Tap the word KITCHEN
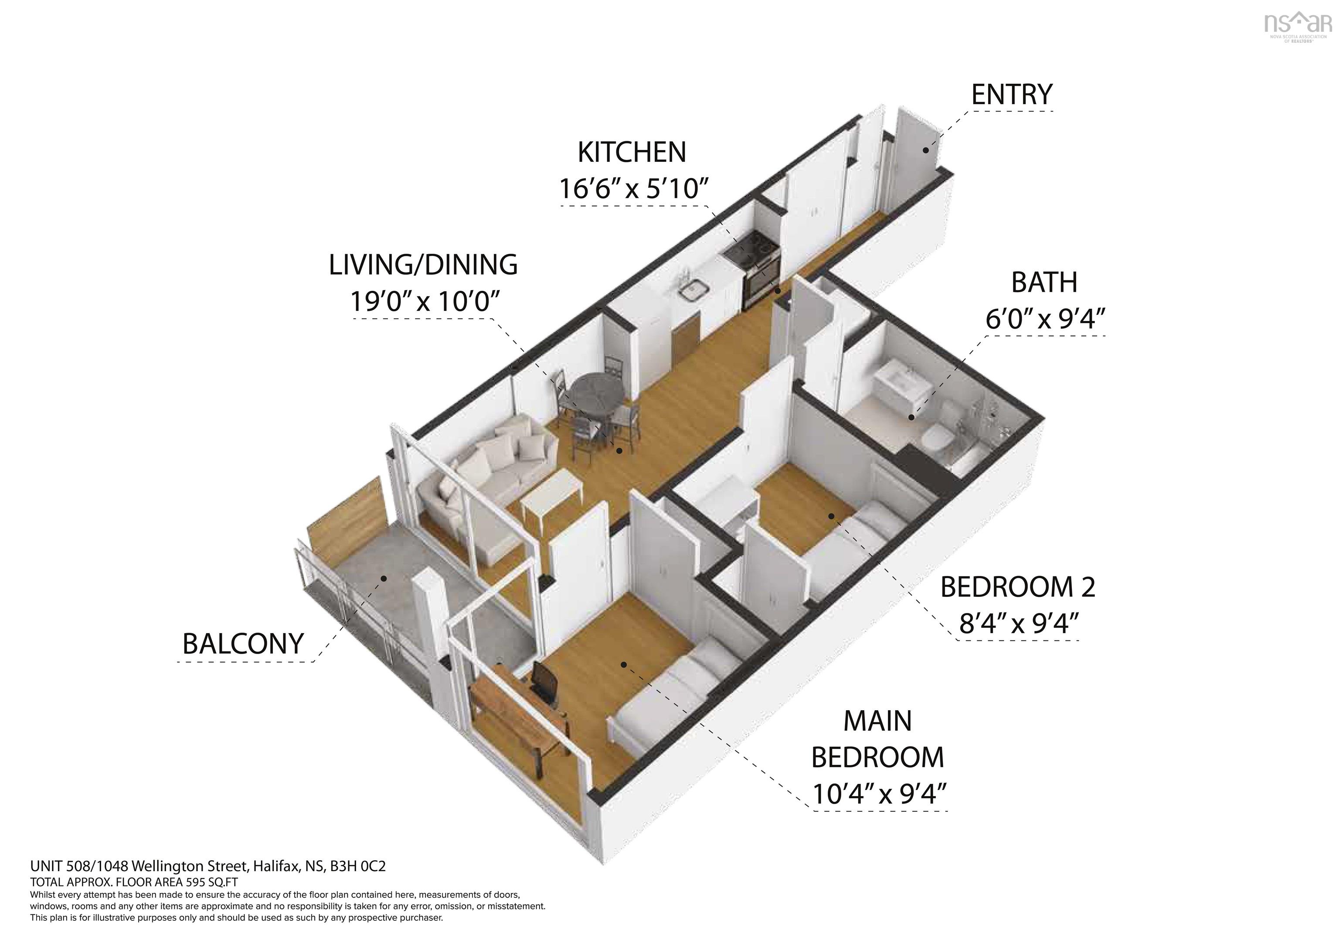632,152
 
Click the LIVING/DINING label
423,265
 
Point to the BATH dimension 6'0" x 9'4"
1045,319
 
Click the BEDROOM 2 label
1018,587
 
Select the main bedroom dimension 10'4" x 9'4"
879,794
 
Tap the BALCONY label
243,644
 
